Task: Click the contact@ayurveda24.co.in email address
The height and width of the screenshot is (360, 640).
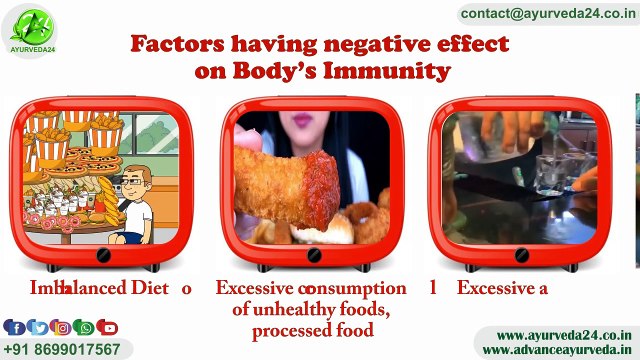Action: click(547, 14)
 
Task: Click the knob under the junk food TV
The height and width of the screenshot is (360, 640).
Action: click(104, 255)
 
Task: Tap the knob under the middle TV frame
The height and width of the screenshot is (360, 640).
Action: click(314, 255)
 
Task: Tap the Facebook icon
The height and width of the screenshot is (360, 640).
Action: click(14, 327)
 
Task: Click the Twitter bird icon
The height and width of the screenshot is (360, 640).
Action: click(38, 327)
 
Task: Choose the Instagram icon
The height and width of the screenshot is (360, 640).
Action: click(62, 327)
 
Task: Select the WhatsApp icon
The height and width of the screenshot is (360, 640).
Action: click(85, 327)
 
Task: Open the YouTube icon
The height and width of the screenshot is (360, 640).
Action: click(108, 327)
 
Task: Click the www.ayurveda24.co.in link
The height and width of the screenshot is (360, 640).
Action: click(563, 335)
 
